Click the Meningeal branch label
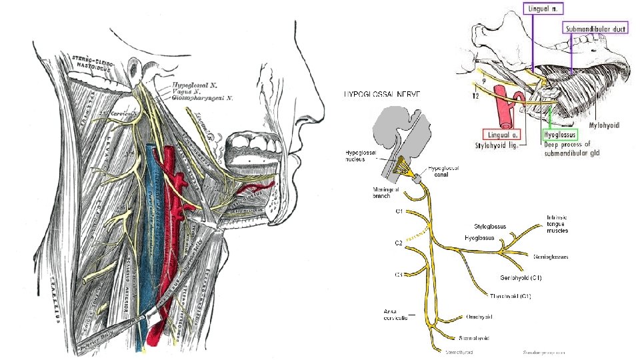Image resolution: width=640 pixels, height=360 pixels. click(387, 193)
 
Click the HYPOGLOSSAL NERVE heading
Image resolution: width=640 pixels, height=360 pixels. click(382, 94)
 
